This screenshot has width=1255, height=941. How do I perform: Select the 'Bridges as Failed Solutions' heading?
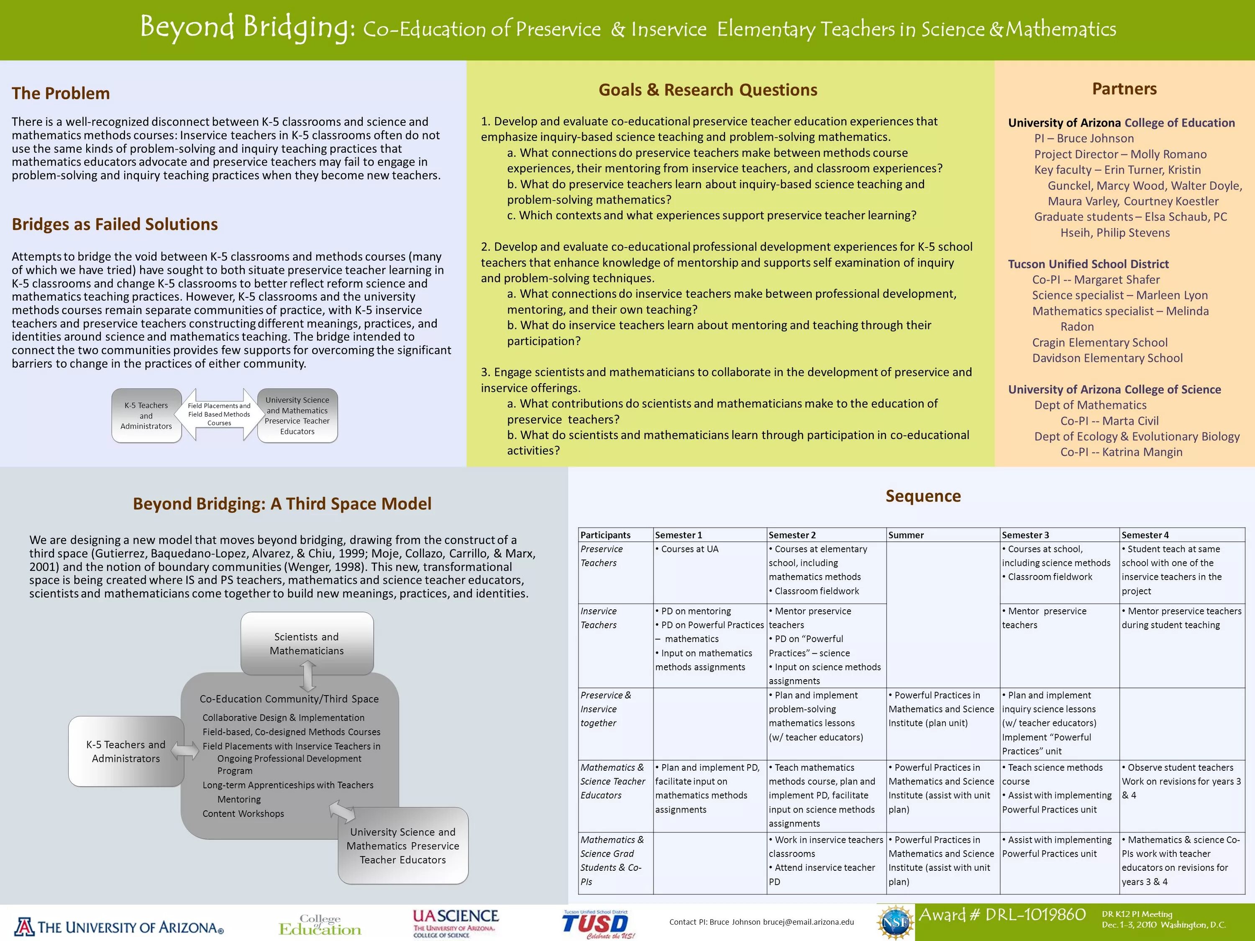click(115, 224)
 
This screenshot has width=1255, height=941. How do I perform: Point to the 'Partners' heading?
click(1124, 89)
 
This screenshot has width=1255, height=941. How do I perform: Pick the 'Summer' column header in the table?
click(906, 535)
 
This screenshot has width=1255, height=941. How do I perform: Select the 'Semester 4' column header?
click(1145, 535)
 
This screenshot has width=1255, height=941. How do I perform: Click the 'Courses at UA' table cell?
click(689, 549)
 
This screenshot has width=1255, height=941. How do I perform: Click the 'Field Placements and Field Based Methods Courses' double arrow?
click(219, 414)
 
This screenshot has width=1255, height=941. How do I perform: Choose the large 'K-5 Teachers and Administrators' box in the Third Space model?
click(126, 752)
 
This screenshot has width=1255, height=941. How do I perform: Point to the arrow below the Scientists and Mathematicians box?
click(307, 676)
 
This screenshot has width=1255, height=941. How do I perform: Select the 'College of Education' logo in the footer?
click(320, 925)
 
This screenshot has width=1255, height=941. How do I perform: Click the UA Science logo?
click(455, 923)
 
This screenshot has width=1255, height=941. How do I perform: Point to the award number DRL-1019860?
click(1002, 915)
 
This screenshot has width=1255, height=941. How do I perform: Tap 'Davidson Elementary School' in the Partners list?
click(1107, 358)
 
